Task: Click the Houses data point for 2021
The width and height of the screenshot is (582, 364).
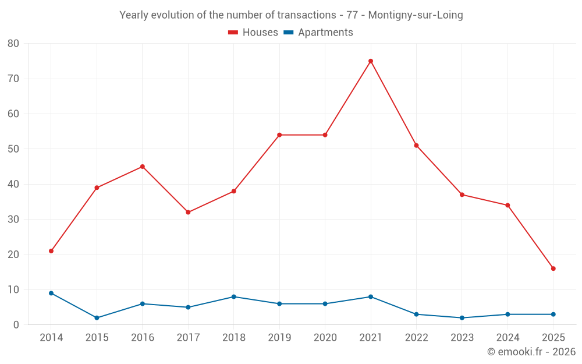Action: (371, 61)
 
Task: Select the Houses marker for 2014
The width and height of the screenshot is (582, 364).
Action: (51, 251)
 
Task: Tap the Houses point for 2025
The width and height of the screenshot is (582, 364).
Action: (553, 268)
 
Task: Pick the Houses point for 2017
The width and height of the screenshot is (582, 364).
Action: (188, 213)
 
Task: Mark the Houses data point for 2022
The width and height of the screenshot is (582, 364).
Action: (416, 146)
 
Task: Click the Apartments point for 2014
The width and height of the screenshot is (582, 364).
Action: (51, 293)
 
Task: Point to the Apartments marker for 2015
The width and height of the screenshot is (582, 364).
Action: (97, 318)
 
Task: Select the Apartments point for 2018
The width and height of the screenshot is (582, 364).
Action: (234, 296)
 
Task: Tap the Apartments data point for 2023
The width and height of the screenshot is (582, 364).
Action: (462, 318)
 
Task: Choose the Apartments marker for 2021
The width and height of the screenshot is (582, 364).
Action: (371, 296)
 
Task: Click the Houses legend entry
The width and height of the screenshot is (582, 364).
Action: (253, 33)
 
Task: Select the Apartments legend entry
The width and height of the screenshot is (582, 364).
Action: (318, 33)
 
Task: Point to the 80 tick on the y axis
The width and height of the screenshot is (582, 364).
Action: (13, 44)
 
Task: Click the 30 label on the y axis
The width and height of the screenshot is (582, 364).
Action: (13, 220)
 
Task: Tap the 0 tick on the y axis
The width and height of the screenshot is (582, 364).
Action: (16, 325)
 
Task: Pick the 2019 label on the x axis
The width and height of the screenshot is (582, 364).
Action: (279, 338)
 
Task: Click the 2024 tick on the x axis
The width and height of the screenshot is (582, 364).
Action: (508, 338)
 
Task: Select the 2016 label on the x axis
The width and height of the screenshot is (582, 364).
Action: (143, 338)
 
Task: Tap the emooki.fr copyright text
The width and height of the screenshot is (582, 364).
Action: (531, 352)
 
